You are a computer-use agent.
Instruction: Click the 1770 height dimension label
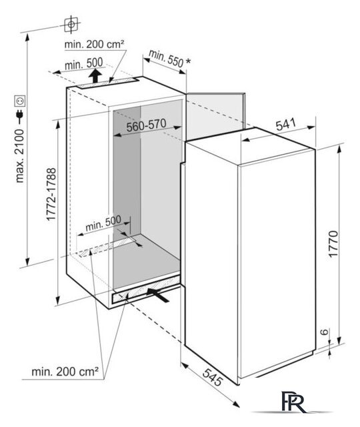click(333, 244)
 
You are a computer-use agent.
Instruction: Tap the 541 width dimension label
click(286, 125)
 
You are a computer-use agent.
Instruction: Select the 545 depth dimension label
click(213, 377)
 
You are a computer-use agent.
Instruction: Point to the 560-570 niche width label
click(147, 125)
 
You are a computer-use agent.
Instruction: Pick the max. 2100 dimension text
click(20, 156)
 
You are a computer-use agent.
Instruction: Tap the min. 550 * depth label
click(169, 59)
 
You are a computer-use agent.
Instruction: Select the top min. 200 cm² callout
click(95, 44)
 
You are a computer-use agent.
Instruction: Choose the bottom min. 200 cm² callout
click(65, 372)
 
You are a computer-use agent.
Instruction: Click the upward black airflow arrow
click(95, 75)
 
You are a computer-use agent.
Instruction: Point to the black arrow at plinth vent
click(158, 295)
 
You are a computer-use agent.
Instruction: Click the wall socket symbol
click(20, 101)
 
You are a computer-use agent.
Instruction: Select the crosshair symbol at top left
click(71, 25)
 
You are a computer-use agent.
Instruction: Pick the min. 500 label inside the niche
click(103, 224)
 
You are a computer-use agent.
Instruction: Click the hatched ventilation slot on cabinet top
click(108, 83)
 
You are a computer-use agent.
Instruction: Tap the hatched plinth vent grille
click(146, 290)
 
